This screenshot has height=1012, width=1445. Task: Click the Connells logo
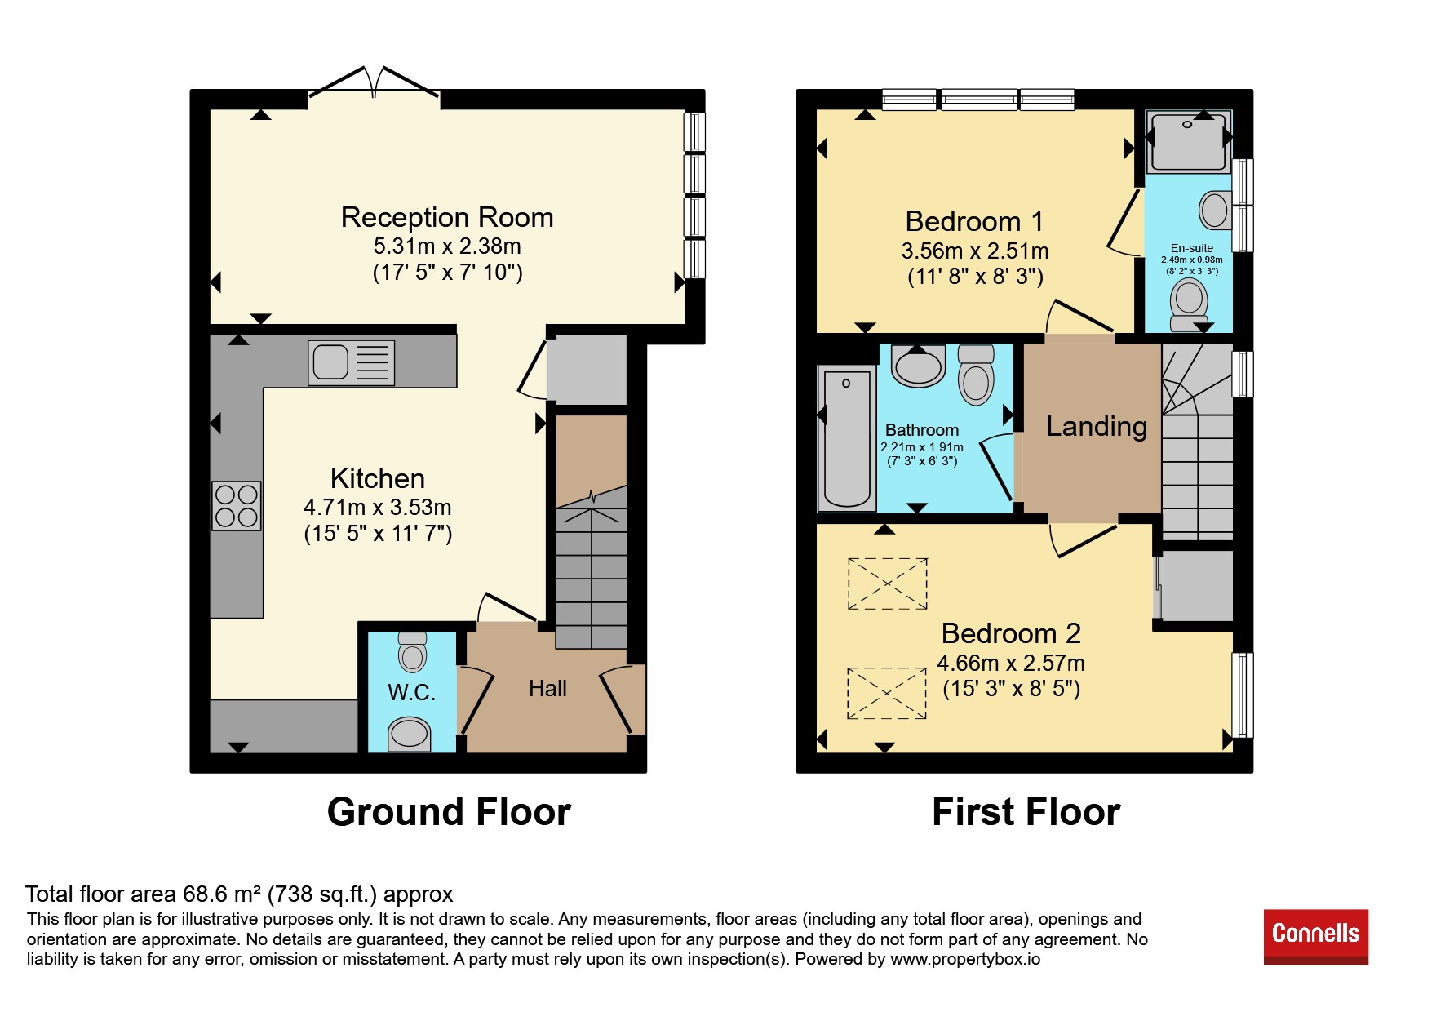pos(1315,937)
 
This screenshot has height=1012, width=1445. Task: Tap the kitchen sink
pos(351,362)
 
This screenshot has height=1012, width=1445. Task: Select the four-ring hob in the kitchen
pos(237,506)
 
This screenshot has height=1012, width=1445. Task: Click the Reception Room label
pos(447,218)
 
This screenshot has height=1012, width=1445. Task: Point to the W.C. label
pos(411,693)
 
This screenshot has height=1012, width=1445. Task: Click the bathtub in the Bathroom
pos(847,438)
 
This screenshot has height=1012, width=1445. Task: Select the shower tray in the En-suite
pos(1188,142)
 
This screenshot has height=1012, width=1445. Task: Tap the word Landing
pos(1097,427)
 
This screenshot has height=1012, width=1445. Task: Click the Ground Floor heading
pos(449,812)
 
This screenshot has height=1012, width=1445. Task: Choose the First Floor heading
pos(1026,812)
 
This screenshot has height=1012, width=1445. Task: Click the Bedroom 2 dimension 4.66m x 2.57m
pos(1011,663)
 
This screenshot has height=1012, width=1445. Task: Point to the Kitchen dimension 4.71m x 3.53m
pos(378,507)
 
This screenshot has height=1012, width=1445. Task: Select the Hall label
pos(547,689)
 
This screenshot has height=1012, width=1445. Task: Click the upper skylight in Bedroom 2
pos(888,584)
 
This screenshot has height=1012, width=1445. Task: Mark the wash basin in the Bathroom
pos(919,366)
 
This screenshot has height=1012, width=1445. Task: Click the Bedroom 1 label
pos(974,222)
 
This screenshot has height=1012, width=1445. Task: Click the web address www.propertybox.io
pos(965,959)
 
